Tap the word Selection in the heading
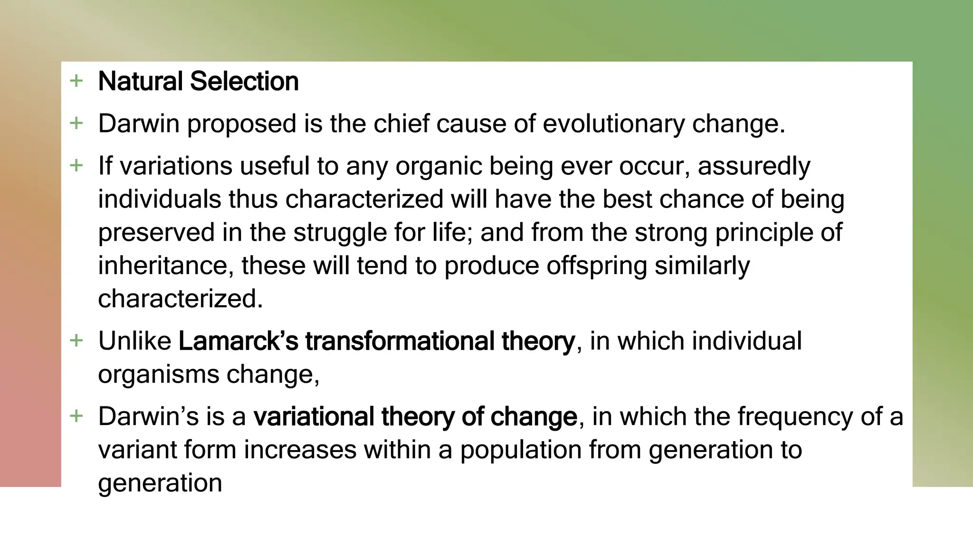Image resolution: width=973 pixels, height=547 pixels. click(244, 81)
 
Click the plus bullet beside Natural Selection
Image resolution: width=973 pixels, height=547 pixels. click(76, 81)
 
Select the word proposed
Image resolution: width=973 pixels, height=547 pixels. click(241, 124)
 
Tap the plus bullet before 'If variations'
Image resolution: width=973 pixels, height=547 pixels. click(76, 166)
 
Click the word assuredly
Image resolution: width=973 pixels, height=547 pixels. click(754, 167)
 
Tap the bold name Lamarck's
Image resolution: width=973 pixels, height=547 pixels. click(238, 341)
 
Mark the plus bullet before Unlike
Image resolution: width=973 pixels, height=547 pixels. click(76, 340)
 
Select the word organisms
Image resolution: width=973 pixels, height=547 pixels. click(158, 375)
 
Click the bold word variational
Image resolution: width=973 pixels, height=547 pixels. click(313, 416)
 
